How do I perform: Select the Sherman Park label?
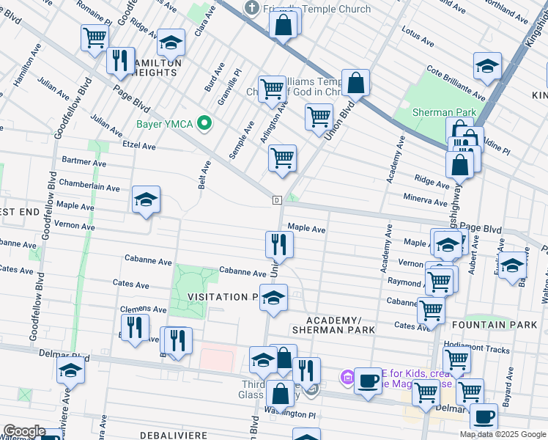445,112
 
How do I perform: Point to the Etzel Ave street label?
139,146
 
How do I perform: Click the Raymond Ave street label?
404,282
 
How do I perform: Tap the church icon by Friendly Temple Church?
251,9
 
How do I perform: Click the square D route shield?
277,200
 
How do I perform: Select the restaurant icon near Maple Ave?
278,244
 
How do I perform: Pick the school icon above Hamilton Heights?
171,45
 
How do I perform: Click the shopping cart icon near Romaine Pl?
95,37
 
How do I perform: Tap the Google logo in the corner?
23,431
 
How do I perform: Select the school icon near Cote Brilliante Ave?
487,67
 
